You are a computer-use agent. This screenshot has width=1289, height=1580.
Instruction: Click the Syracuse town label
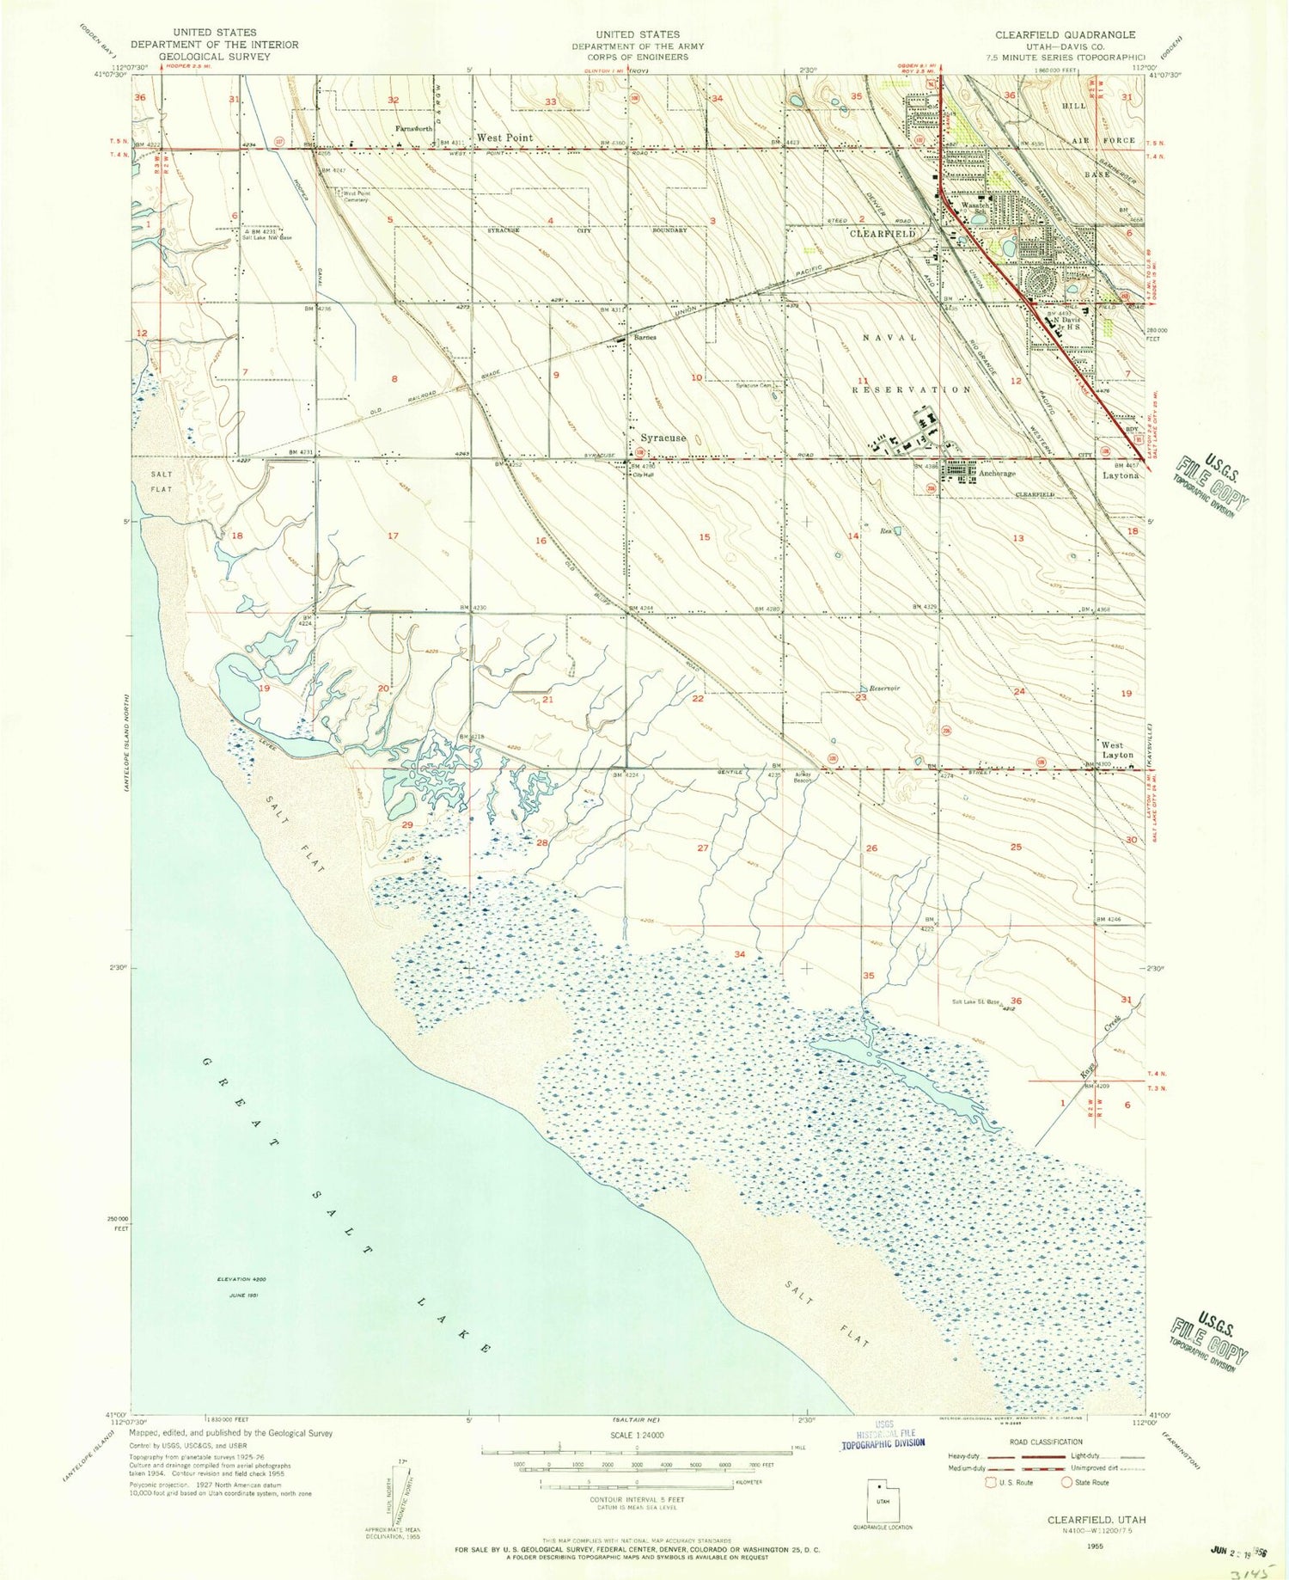[x=663, y=438]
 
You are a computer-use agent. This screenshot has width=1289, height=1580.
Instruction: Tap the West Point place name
[x=504, y=138]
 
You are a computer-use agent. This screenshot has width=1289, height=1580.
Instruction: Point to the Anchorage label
[x=997, y=474]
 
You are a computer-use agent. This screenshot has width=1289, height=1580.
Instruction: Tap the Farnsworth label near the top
[x=413, y=128]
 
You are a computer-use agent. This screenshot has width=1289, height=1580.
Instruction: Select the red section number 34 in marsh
[x=739, y=954]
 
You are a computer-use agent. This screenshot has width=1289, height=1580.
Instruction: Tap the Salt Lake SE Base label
[x=976, y=1001]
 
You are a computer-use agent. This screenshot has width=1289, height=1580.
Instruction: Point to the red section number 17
[x=393, y=536]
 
